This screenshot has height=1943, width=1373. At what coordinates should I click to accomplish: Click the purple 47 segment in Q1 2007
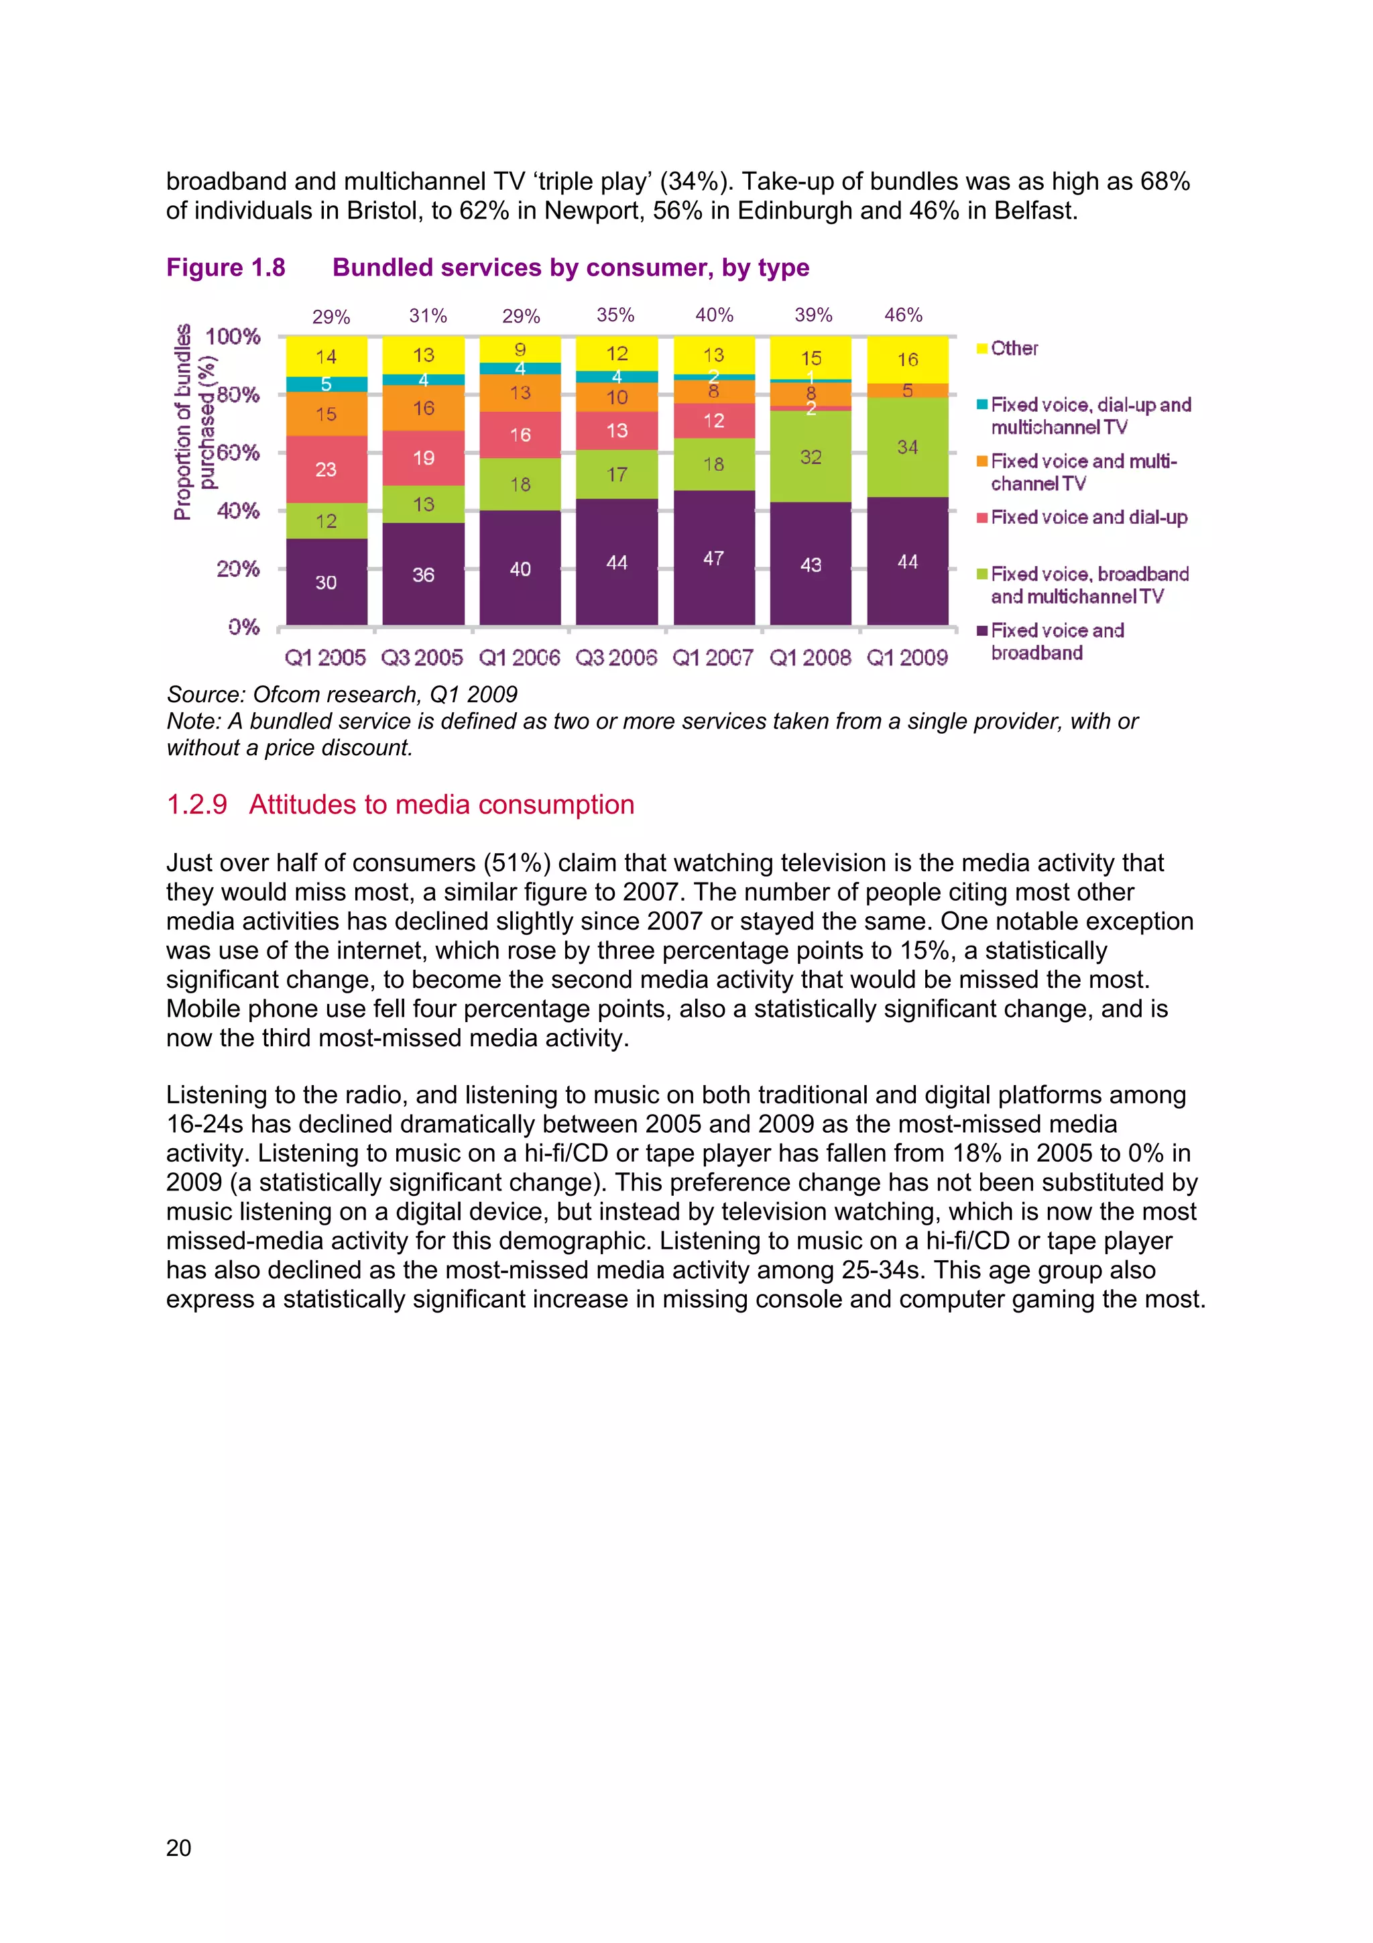coord(713,557)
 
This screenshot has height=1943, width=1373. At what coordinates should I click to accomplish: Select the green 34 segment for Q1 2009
coord(907,447)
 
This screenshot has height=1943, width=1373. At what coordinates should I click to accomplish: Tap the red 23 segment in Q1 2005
coord(326,469)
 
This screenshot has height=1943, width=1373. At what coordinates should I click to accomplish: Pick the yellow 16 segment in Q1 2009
coord(907,359)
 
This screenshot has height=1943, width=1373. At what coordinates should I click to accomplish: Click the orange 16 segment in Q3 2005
coord(423,408)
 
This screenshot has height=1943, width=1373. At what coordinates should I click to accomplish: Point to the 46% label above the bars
coord(902,316)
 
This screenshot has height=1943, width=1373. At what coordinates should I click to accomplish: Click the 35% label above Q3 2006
coord(615,316)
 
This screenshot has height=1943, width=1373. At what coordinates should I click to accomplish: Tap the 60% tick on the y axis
coord(238,453)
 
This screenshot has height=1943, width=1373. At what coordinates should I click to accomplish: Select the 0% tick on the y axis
coord(243,627)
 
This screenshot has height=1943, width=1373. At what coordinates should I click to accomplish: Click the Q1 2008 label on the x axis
coord(810,657)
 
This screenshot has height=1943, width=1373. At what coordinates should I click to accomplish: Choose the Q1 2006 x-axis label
coord(520,657)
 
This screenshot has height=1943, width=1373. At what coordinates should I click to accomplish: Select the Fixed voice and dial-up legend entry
coord(1088,517)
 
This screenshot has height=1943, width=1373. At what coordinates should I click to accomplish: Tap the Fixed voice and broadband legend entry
coord(1057,641)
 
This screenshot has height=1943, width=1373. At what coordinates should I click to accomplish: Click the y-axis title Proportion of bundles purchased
coord(194,423)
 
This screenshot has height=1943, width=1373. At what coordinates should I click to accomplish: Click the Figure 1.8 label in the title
coord(226,268)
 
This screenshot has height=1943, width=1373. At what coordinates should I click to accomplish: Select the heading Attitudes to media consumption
coord(440,804)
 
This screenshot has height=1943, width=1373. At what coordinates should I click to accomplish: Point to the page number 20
coord(178,1847)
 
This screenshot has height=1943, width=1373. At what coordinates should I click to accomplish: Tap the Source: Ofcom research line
coord(342,694)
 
